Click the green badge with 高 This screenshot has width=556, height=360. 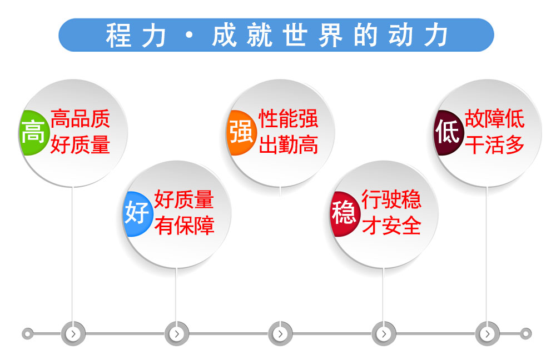point(34,133)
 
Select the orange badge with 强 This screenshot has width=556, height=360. point(241,133)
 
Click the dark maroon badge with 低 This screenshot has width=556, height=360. point(449,133)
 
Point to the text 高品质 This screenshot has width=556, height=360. point(81,119)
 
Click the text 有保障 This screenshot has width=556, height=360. point(185,226)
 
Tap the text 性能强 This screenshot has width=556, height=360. point(288,119)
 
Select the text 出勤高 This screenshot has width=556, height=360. point(288,144)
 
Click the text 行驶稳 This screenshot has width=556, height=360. point(391,199)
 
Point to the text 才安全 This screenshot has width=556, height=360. point(391,226)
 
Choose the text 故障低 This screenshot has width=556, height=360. point(495,119)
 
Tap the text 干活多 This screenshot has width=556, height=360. point(495,144)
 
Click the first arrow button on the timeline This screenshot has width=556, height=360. point(73,334)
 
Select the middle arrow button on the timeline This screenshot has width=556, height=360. point(280,334)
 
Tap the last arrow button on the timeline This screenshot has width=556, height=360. point(487,334)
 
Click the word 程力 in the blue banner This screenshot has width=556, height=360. point(136,36)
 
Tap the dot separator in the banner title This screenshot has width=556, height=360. point(190,35)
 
